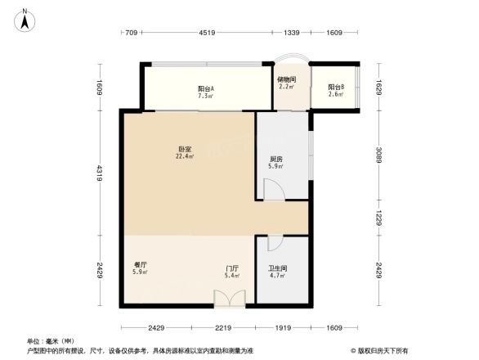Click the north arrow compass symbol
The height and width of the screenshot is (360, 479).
click(x=25, y=19)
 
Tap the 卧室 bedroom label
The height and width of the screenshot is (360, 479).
click(x=185, y=148)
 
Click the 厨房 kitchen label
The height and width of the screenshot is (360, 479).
click(x=276, y=159)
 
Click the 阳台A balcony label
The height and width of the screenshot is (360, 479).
click(x=206, y=88)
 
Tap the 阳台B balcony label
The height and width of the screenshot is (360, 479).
click(x=336, y=88)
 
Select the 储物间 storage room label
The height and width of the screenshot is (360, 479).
click(x=286, y=79)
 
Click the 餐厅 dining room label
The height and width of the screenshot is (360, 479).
click(x=139, y=266)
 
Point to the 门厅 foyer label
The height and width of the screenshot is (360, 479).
click(x=232, y=268)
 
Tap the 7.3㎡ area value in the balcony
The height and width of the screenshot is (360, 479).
click(x=206, y=96)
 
